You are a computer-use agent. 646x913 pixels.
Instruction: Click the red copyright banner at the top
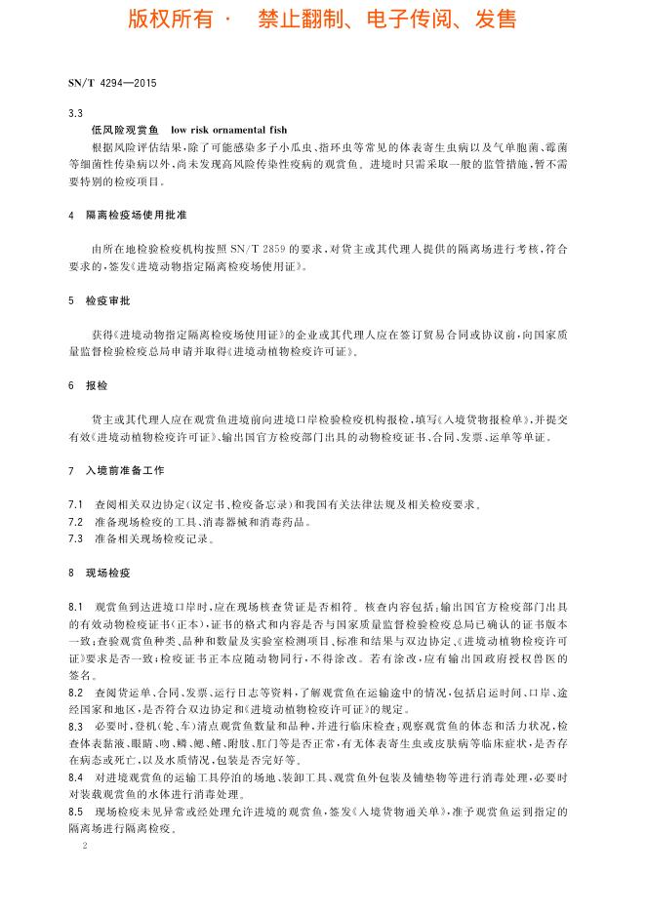[322, 20]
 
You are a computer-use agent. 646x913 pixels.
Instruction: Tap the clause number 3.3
[75, 113]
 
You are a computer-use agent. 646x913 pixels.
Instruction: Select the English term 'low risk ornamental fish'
[228, 130]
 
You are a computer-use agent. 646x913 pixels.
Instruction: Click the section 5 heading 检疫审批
[110, 301]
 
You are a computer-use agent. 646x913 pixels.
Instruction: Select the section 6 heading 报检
[97, 385]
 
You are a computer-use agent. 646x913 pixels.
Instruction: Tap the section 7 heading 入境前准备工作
[124, 469]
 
